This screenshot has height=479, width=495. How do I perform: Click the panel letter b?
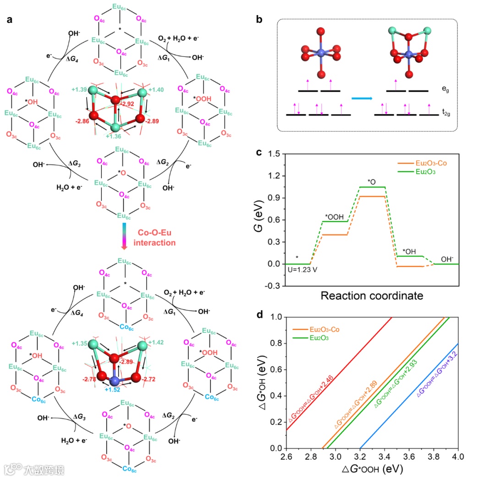click(x=259, y=20)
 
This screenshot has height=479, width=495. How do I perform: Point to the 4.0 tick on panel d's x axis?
click(x=457, y=457)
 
